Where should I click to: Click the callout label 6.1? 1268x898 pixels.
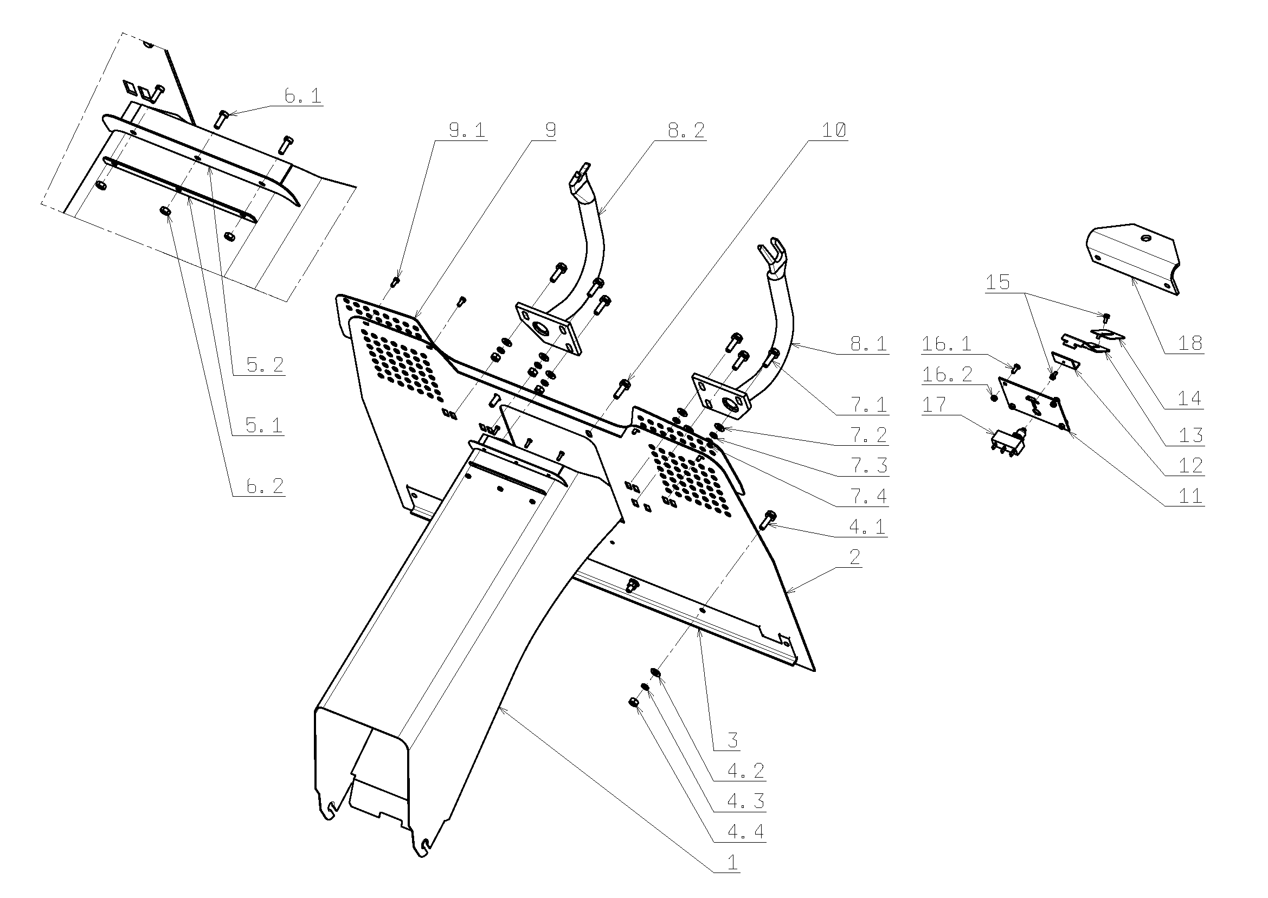pyautogui.click(x=302, y=96)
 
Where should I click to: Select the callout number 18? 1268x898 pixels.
pyautogui.click(x=1189, y=343)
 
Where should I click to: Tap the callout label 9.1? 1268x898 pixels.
pyautogui.click(x=467, y=131)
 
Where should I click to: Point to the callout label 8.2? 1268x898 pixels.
pyautogui.click(x=686, y=131)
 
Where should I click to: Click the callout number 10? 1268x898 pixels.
pyautogui.click(x=834, y=131)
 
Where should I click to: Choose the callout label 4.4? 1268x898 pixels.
pyautogui.click(x=745, y=831)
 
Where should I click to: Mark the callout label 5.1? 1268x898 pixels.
pyautogui.click(x=263, y=426)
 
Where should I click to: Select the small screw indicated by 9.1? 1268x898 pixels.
pyautogui.click(x=395, y=281)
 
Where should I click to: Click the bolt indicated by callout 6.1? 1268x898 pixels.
pyautogui.click(x=222, y=118)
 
